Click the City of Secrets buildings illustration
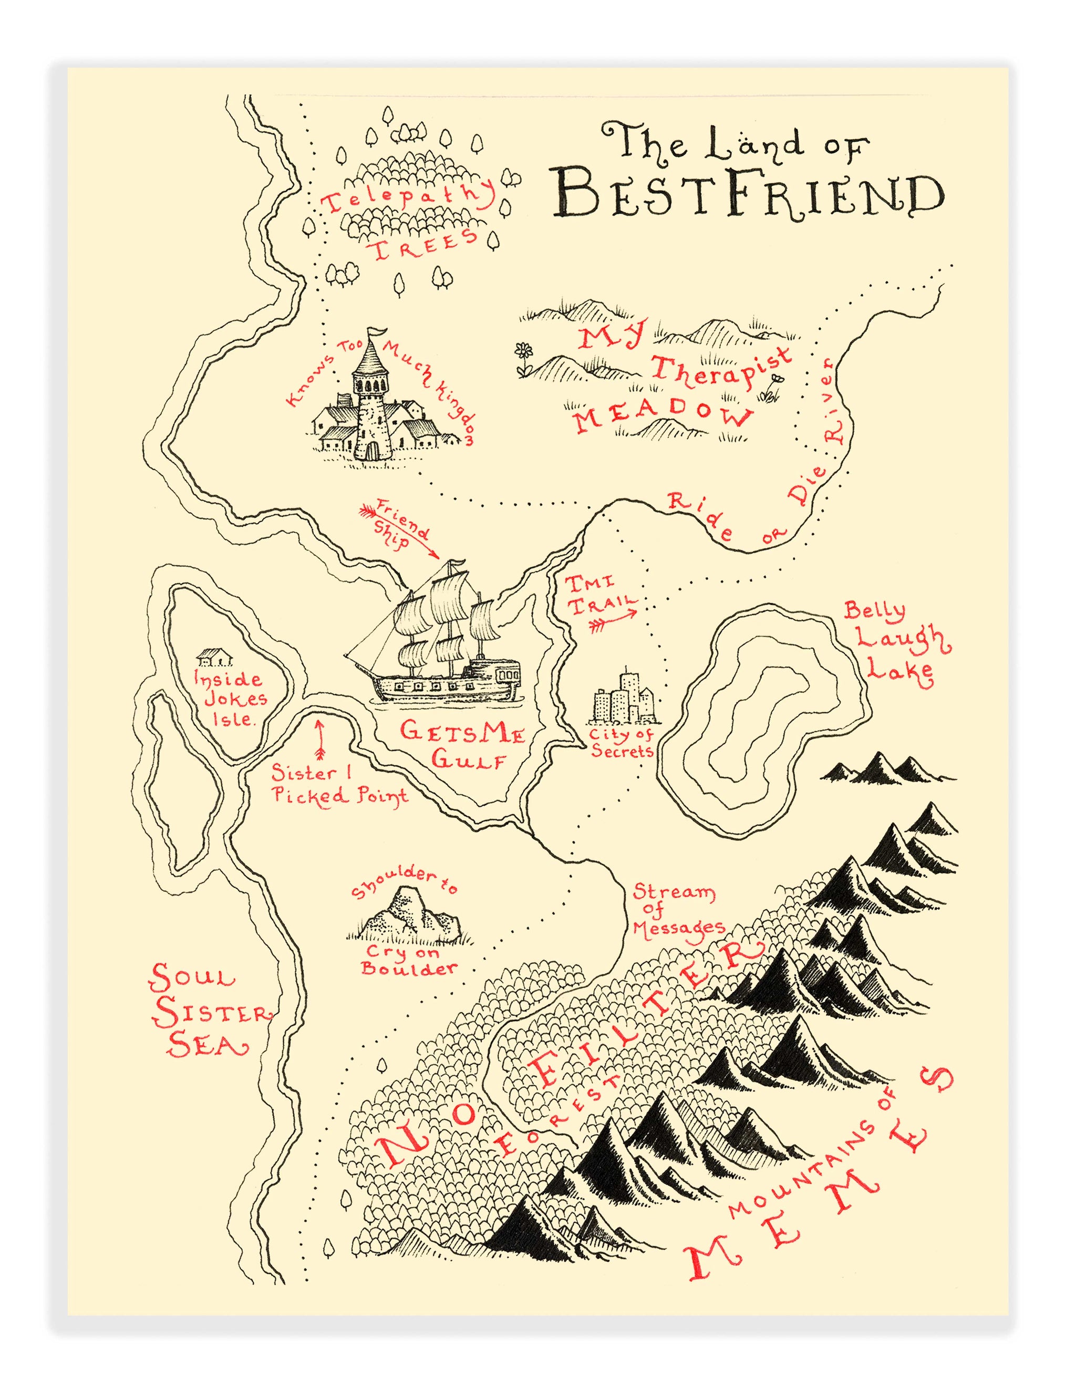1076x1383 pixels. coord(623,699)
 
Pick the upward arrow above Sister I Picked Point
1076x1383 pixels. coord(319,739)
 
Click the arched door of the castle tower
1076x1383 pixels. coord(373,451)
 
